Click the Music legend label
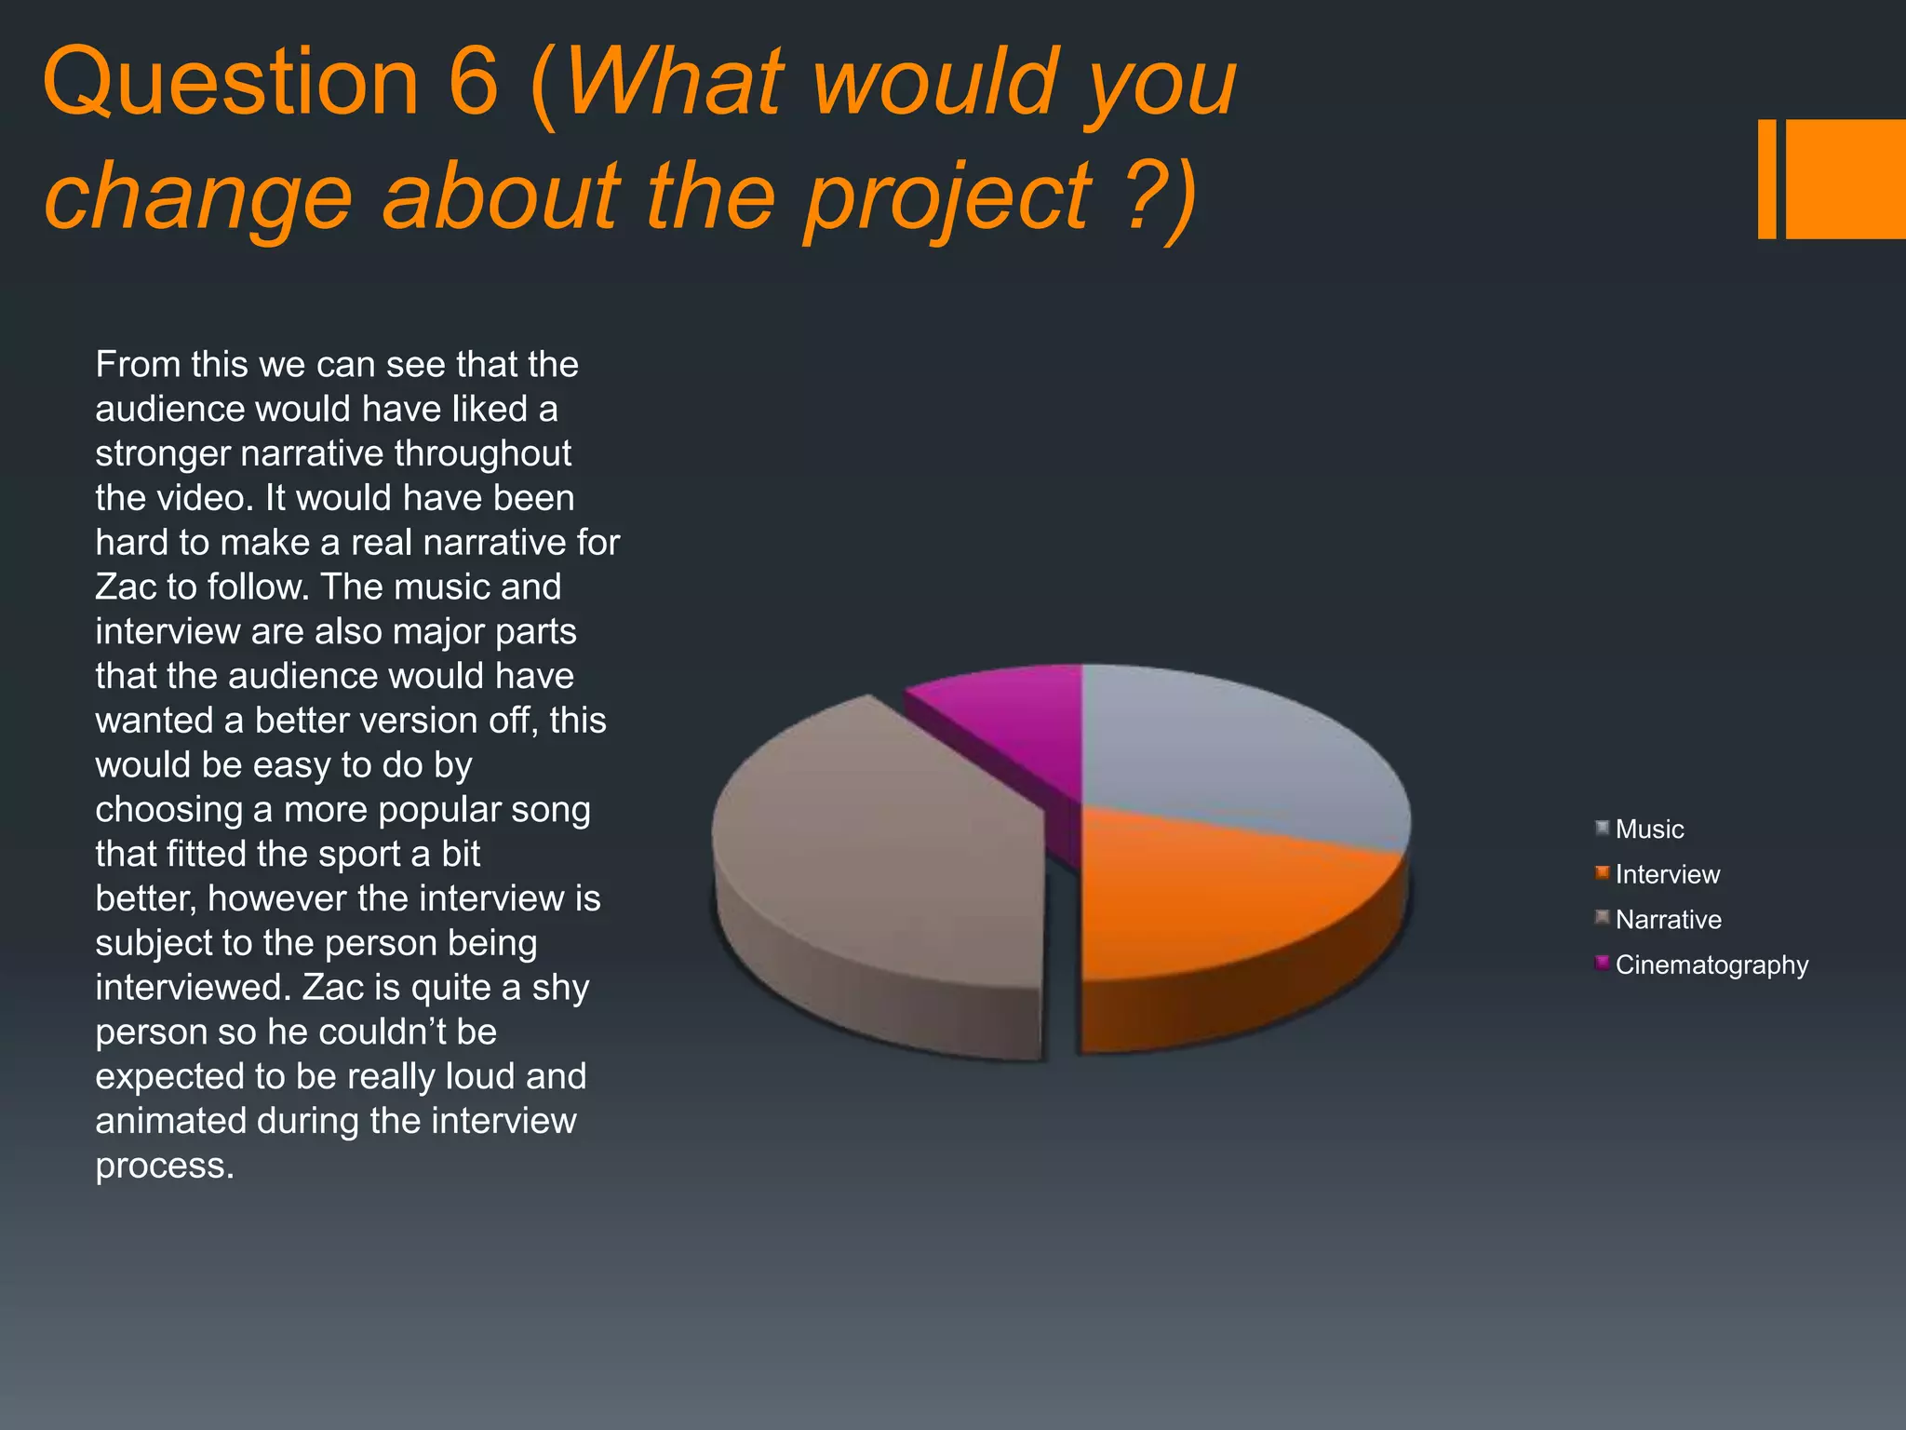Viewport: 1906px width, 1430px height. [x=1649, y=830]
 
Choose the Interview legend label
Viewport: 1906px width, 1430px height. [x=1667, y=874]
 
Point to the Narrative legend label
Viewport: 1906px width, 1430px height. [x=1668, y=920]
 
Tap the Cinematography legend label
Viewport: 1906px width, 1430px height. [x=1711, y=965]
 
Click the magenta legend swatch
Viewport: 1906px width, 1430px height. [x=1602, y=963]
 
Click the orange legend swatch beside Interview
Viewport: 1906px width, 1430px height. [x=1602, y=872]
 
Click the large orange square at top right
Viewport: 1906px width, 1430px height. [x=1846, y=179]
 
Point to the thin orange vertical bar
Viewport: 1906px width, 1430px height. [x=1766, y=179]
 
